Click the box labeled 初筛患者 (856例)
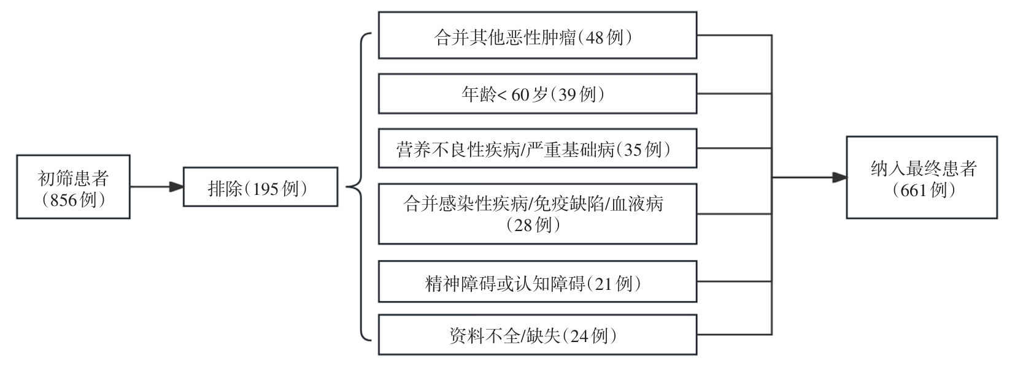(x=73, y=187)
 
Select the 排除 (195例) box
(x=260, y=187)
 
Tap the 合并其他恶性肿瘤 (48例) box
(x=537, y=36)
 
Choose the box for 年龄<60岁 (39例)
(x=537, y=93)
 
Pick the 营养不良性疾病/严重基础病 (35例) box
(x=537, y=148)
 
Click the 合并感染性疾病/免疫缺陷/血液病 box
(x=537, y=213)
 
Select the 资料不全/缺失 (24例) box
(x=537, y=335)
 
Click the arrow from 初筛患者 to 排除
(x=156, y=186)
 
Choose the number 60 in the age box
(x=519, y=95)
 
